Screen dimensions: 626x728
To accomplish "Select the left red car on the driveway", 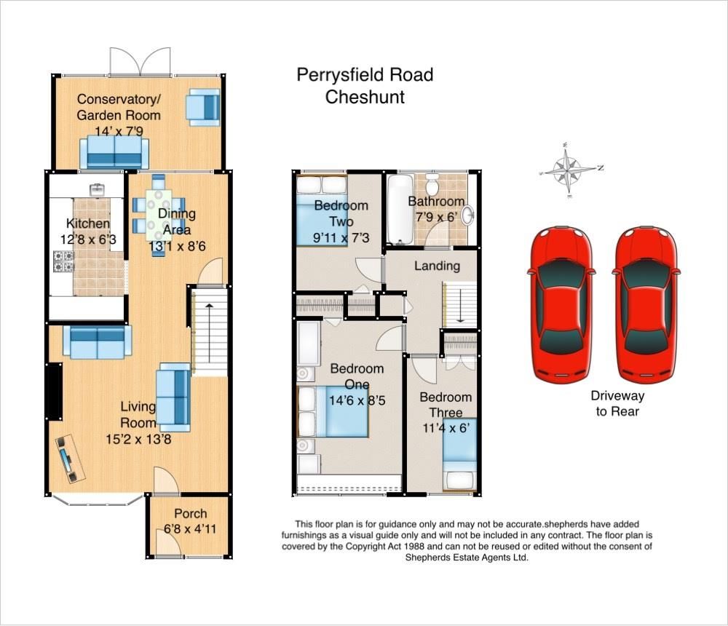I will pos(559,304).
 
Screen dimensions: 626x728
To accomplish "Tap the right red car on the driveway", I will pos(646,304).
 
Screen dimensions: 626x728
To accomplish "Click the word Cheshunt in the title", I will pos(365,97).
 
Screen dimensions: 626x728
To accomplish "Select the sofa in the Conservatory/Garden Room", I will pos(114,152).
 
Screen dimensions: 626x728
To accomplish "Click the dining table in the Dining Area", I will pos(159,214).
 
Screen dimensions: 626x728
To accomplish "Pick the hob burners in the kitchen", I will pos(63,261).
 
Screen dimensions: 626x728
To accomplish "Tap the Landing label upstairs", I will pos(437,266).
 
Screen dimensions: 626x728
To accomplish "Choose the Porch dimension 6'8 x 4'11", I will pos(190,528).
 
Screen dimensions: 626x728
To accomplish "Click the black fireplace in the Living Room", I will pos(54,391).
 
